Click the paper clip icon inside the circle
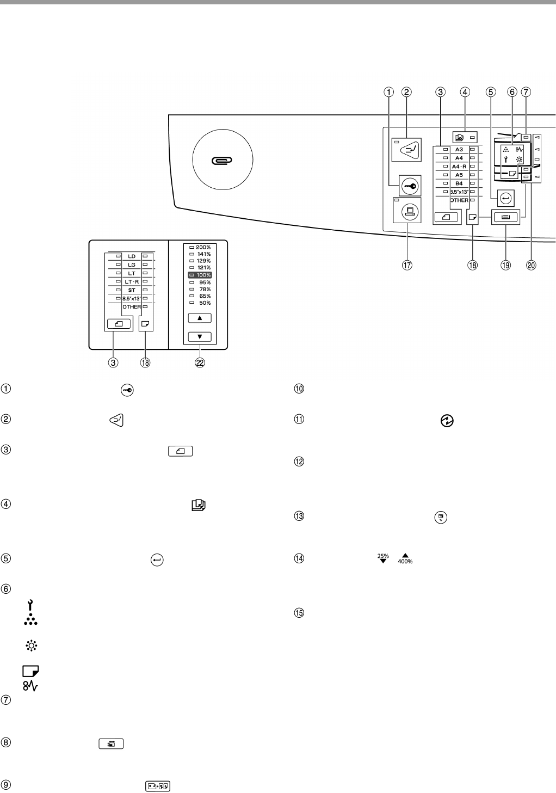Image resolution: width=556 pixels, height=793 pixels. point(223,160)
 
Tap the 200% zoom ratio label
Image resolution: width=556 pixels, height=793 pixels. point(203,248)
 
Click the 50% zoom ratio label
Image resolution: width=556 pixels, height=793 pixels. point(204,303)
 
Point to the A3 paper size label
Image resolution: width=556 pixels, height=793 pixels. point(459,149)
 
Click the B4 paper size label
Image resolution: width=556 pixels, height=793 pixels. point(459,183)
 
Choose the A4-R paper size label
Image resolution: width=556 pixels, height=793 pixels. point(459,166)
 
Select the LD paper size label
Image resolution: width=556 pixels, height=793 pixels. point(132,256)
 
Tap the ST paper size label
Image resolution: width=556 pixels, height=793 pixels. point(132,290)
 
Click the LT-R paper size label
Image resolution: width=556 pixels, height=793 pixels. point(132,281)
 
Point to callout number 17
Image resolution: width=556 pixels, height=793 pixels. point(406,266)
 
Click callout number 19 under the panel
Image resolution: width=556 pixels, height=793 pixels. point(506,266)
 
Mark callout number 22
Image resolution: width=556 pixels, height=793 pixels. point(200,364)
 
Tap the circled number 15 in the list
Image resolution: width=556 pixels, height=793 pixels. point(299,612)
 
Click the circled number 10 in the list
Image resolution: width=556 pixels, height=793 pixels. point(299,389)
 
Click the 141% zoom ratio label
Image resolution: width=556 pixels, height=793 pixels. point(204,254)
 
